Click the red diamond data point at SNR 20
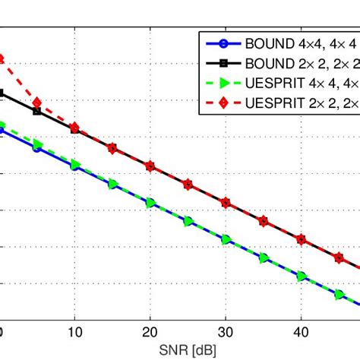pyautogui.click(x=150, y=166)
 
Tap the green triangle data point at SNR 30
pyautogui.click(x=226, y=239)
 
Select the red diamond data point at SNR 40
pyautogui.click(x=301, y=239)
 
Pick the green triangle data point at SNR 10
pyautogui.click(x=75, y=165)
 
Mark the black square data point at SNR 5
pyautogui.click(x=37, y=111)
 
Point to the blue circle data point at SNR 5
pyautogui.click(x=37, y=148)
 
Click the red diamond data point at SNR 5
pyautogui.click(x=37, y=103)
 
